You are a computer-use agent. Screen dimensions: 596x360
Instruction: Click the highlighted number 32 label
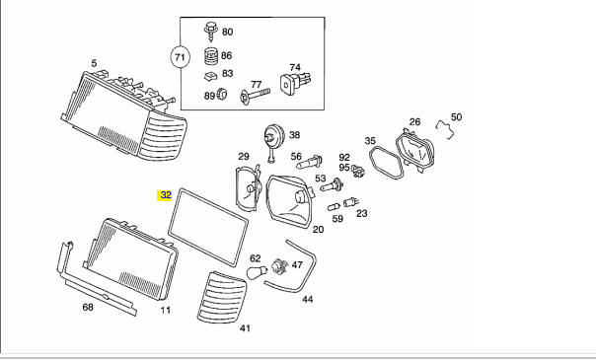coord(165,195)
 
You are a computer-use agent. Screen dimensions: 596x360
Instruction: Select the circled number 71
coord(180,57)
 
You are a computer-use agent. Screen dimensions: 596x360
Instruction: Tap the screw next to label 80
coord(210,31)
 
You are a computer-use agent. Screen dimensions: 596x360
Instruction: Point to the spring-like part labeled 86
coord(211,56)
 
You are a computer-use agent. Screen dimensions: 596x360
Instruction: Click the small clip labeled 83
coord(210,76)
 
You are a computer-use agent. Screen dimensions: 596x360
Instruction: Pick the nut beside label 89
coord(222,94)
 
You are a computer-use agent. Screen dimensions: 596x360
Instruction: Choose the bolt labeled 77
coord(255,95)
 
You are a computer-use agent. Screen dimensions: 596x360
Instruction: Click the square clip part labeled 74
coord(296,83)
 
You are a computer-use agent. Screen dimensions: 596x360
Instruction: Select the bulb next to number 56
coord(310,162)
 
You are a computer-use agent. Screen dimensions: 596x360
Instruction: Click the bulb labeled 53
coord(332,185)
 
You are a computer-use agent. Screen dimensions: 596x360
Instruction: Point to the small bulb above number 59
coord(334,207)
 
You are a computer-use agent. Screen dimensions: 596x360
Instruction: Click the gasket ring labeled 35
coord(386,162)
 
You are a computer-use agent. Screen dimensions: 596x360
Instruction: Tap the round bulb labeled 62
coord(257,272)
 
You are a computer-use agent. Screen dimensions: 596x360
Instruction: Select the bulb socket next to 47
coord(281,265)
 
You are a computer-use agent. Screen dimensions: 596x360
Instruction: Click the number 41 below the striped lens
coord(245,328)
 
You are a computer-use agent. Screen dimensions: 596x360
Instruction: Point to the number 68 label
coord(88,307)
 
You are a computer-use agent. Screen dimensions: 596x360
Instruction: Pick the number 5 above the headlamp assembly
coord(94,63)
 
